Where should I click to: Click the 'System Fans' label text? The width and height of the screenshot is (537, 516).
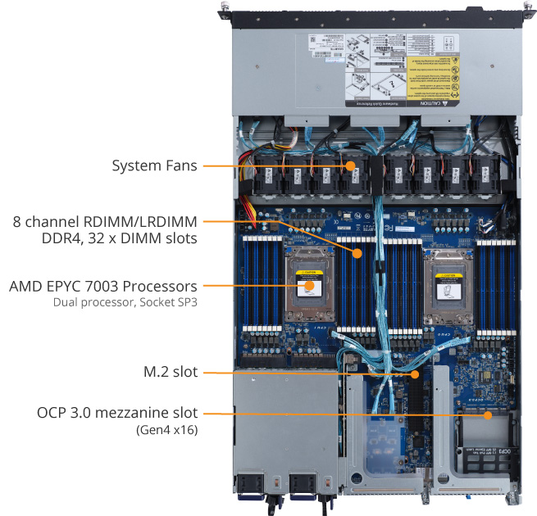click(154, 165)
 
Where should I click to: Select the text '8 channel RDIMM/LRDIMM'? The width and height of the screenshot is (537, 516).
click(105, 221)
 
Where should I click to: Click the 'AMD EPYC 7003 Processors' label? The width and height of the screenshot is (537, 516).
click(102, 287)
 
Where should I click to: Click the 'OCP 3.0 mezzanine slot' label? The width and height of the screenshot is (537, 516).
click(117, 412)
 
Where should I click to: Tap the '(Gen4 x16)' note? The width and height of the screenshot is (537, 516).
click(168, 428)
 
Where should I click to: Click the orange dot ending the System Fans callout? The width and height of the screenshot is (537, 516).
click(351, 165)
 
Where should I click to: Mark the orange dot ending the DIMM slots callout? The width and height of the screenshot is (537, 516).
click(357, 255)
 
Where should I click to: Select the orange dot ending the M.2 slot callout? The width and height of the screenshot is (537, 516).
click(416, 373)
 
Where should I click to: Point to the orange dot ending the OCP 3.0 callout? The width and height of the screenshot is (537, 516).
click(489, 414)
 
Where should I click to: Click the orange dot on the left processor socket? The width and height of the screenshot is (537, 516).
click(307, 287)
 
